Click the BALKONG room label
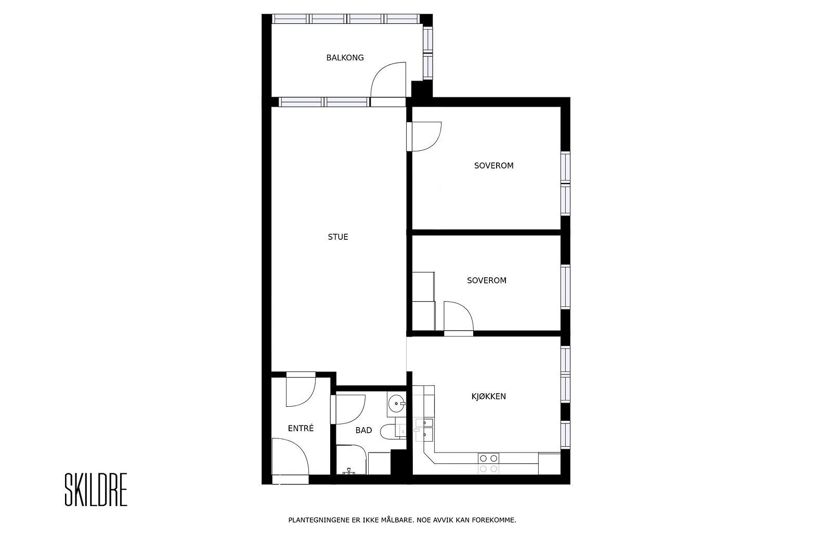(345, 58)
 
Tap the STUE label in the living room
(338, 237)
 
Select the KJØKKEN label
(488, 396)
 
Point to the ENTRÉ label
(301, 429)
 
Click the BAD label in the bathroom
(363, 430)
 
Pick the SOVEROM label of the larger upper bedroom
(493, 166)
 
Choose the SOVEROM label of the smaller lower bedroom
(486, 280)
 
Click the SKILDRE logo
(96, 490)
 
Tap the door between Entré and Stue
(301, 390)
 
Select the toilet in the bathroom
(388, 431)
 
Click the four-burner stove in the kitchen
(488, 463)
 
